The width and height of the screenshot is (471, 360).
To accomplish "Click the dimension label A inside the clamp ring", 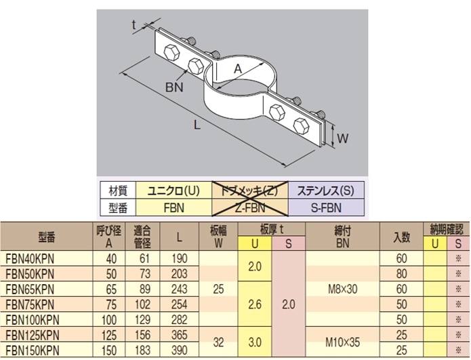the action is click(238, 69).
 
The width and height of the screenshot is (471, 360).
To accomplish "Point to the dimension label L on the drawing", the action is click(197, 125).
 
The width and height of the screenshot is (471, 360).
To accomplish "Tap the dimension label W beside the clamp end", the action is click(343, 138).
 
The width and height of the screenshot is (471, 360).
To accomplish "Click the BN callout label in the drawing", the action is click(174, 87).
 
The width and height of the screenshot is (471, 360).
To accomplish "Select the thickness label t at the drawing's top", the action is click(134, 25).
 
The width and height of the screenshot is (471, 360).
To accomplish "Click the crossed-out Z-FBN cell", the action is click(250, 207).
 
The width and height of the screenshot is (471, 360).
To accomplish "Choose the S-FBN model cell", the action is click(326, 207).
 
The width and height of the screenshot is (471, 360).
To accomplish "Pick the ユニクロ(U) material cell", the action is click(174, 191).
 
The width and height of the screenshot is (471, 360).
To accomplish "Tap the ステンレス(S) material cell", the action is click(326, 191).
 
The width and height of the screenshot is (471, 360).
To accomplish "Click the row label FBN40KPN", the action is click(30, 259).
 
